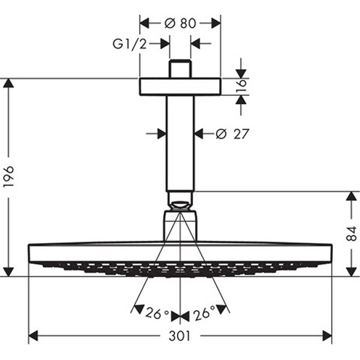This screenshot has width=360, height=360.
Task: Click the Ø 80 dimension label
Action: pyautogui.click(x=180, y=23)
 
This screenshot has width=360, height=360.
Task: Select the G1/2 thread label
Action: pyautogui.click(x=130, y=44)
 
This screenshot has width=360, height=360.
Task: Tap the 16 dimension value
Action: pyautogui.click(x=241, y=86)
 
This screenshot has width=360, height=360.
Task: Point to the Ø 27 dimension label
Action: pyautogui.click(x=232, y=134)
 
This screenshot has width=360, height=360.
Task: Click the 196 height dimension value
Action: pyautogui.click(x=9, y=176)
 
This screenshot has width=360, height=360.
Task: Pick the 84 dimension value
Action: pyautogui.click(x=352, y=233)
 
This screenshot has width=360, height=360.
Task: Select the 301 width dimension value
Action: pyautogui.click(x=180, y=336)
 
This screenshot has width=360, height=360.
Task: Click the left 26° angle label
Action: pyautogui.click(x=157, y=313)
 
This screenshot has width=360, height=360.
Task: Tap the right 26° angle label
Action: pyautogui.click(x=204, y=313)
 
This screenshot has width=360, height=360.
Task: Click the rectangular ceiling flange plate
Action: pyautogui.click(x=180, y=86)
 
